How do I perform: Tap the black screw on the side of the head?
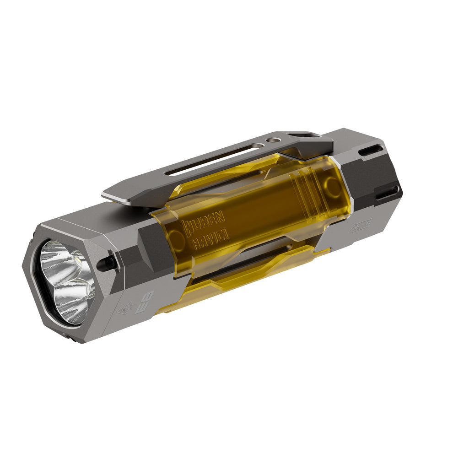pos(109,262)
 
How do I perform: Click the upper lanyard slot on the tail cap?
pos(371,151)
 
